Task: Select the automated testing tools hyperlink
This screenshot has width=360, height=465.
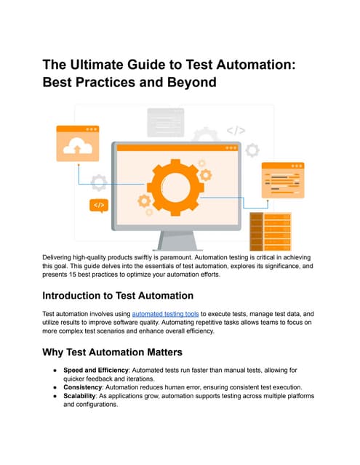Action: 165,314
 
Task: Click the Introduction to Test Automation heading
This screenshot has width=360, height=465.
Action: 118,296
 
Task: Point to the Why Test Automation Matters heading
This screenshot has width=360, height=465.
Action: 112,352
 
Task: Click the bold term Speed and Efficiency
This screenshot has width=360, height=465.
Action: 96,371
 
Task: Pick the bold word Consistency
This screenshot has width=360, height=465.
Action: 82,387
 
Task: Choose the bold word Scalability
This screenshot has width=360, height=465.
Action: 79,396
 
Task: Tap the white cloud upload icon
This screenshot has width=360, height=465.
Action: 78,145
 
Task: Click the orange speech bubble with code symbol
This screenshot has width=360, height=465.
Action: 99,206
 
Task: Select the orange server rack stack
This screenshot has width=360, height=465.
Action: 271,232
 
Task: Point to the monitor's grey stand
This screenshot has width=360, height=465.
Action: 177,240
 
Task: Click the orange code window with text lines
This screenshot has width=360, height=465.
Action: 283,180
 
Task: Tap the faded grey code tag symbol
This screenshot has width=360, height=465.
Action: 236,131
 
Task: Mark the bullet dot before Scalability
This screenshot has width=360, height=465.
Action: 55,396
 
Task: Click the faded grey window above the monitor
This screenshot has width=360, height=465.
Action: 166,123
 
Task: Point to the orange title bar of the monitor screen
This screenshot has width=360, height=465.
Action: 177,148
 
